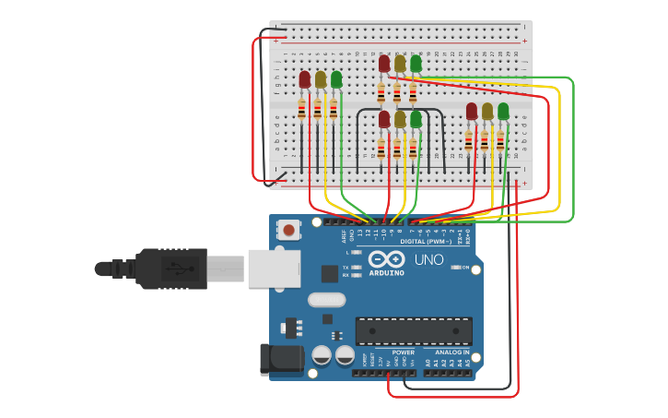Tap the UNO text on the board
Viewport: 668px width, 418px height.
pyautogui.click(x=428, y=260)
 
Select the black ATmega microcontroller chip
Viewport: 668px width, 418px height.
pyautogui.click(x=414, y=330)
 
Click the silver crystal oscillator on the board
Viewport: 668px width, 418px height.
pyautogui.click(x=326, y=299)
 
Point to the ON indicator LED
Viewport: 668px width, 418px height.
pyautogui.click(x=455, y=267)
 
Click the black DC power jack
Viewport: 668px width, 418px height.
pyautogui.click(x=281, y=360)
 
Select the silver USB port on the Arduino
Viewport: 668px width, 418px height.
pyautogui.click(x=274, y=268)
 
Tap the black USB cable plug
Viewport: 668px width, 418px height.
pyautogui.click(x=171, y=269)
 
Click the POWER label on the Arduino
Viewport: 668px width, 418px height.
pyautogui.click(x=403, y=352)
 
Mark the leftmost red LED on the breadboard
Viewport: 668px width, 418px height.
pyautogui.click(x=305, y=80)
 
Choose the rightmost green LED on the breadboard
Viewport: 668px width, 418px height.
pyautogui.click(x=503, y=112)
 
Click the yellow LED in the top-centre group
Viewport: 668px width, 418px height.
pyautogui.click(x=400, y=64)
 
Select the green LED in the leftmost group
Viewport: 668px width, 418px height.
pyautogui.click(x=336, y=80)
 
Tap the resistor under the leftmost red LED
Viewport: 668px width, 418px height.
pyautogui.click(x=301, y=111)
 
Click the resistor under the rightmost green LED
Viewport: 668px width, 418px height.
pyautogui.click(x=500, y=141)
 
